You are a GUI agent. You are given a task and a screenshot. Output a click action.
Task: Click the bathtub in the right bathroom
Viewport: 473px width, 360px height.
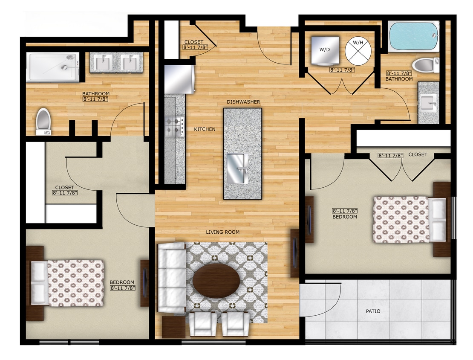click(x=414, y=36)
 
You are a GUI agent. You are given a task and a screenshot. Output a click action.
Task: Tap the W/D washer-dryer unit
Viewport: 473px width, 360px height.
click(x=324, y=50)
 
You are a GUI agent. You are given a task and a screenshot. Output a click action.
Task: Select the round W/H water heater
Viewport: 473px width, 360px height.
click(x=358, y=50)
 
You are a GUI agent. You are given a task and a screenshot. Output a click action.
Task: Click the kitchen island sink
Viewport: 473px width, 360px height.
click(x=237, y=168)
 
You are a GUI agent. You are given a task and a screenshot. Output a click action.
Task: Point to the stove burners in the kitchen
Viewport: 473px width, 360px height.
click(x=174, y=126)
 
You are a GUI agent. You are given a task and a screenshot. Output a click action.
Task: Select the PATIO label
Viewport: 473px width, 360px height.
click(x=373, y=311)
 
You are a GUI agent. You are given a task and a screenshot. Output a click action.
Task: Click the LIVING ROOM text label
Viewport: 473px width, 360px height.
click(x=222, y=232)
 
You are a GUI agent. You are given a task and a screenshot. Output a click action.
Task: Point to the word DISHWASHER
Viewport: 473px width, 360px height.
click(x=243, y=102)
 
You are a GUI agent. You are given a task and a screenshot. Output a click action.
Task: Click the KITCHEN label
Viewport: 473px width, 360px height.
click(x=205, y=129)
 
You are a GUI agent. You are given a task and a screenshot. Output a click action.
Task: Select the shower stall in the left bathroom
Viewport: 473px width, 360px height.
click(x=52, y=67)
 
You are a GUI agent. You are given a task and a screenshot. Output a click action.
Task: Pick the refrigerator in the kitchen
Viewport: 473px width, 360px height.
click(x=179, y=78)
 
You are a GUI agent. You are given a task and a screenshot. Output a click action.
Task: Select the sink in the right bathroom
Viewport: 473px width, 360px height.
click(x=428, y=103)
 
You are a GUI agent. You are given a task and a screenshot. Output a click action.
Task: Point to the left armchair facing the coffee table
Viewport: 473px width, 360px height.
click(x=202, y=324)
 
